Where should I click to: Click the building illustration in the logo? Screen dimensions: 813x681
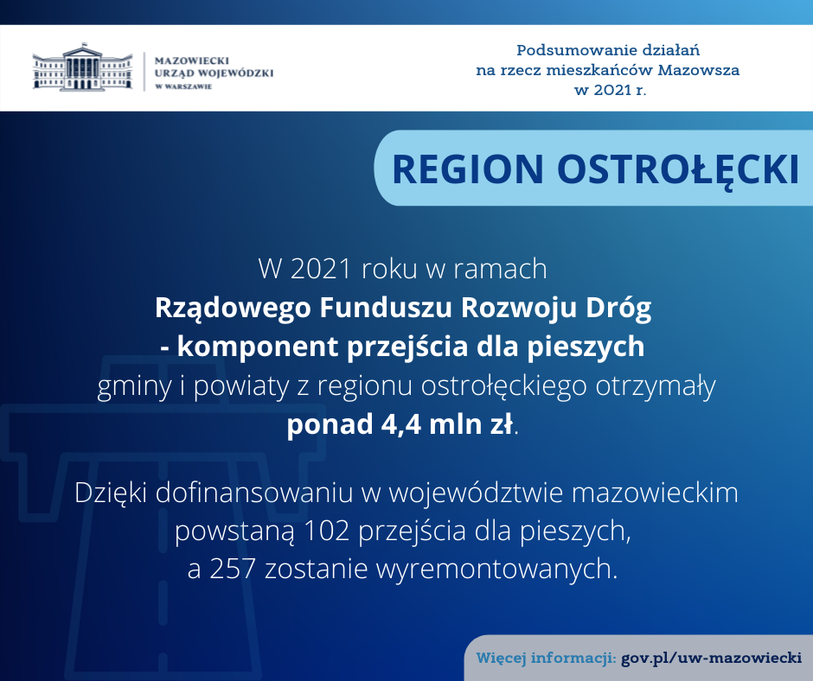click(x=82, y=67)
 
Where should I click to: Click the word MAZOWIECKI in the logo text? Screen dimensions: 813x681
click(x=192, y=60)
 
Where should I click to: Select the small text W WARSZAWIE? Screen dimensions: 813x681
click(x=183, y=86)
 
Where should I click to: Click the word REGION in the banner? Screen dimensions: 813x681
click(x=468, y=169)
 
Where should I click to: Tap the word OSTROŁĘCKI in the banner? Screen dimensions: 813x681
click(x=678, y=170)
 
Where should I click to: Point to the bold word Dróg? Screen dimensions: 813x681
click(x=618, y=308)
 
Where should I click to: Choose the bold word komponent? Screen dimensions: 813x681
click(x=258, y=347)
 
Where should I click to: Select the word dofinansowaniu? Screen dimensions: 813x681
click(x=253, y=493)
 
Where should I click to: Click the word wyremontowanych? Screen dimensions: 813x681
click(x=496, y=570)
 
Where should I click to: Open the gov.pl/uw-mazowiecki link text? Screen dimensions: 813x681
click(x=711, y=659)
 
